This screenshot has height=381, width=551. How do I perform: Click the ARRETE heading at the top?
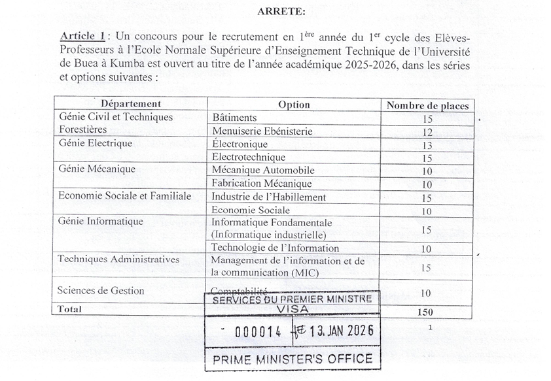click(x=281, y=10)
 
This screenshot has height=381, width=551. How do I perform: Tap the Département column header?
click(x=130, y=103)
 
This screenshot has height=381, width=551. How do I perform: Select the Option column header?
click(x=294, y=105)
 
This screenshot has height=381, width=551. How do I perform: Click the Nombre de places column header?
click(x=427, y=105)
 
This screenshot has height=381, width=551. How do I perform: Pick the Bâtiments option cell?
click(x=234, y=118)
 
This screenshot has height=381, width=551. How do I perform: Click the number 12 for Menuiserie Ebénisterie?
click(x=427, y=132)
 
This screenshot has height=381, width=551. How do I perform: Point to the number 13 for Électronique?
click(x=427, y=145)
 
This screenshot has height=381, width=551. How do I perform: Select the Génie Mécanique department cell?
click(x=97, y=169)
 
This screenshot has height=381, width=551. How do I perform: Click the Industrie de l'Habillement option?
click(x=269, y=197)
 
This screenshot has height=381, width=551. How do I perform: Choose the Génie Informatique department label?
click(x=101, y=222)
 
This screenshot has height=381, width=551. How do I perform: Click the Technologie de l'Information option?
click(x=275, y=248)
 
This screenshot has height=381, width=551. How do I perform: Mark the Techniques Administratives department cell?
click(x=118, y=259)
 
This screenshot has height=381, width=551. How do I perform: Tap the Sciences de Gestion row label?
click(x=101, y=291)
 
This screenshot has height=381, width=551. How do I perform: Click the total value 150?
click(x=425, y=312)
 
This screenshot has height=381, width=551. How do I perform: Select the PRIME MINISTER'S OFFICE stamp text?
click(x=292, y=358)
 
